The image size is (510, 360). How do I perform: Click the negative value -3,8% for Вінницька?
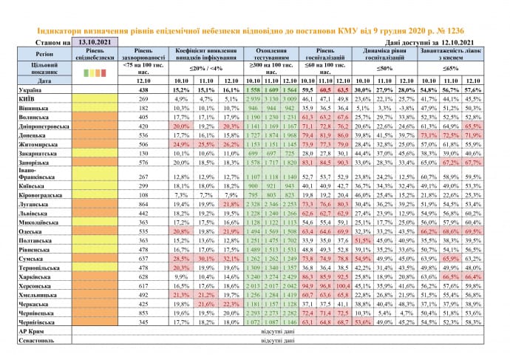(x=404, y=107)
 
